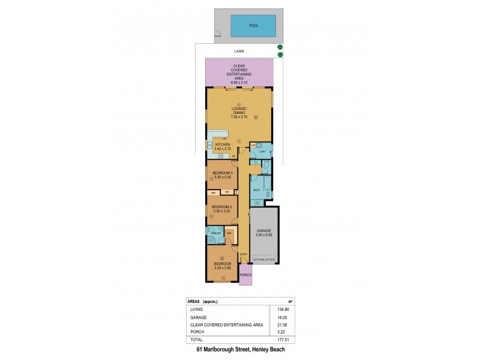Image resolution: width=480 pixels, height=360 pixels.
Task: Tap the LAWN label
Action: (239, 52)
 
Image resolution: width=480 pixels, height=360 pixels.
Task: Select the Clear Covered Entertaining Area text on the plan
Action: (238, 72)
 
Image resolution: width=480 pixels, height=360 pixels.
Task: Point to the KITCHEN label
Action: (221, 145)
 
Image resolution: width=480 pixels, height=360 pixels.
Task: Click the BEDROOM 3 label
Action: (223, 173)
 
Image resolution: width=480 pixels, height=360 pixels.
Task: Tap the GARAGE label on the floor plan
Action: (265, 230)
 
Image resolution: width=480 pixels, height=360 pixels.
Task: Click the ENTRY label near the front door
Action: (244, 254)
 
